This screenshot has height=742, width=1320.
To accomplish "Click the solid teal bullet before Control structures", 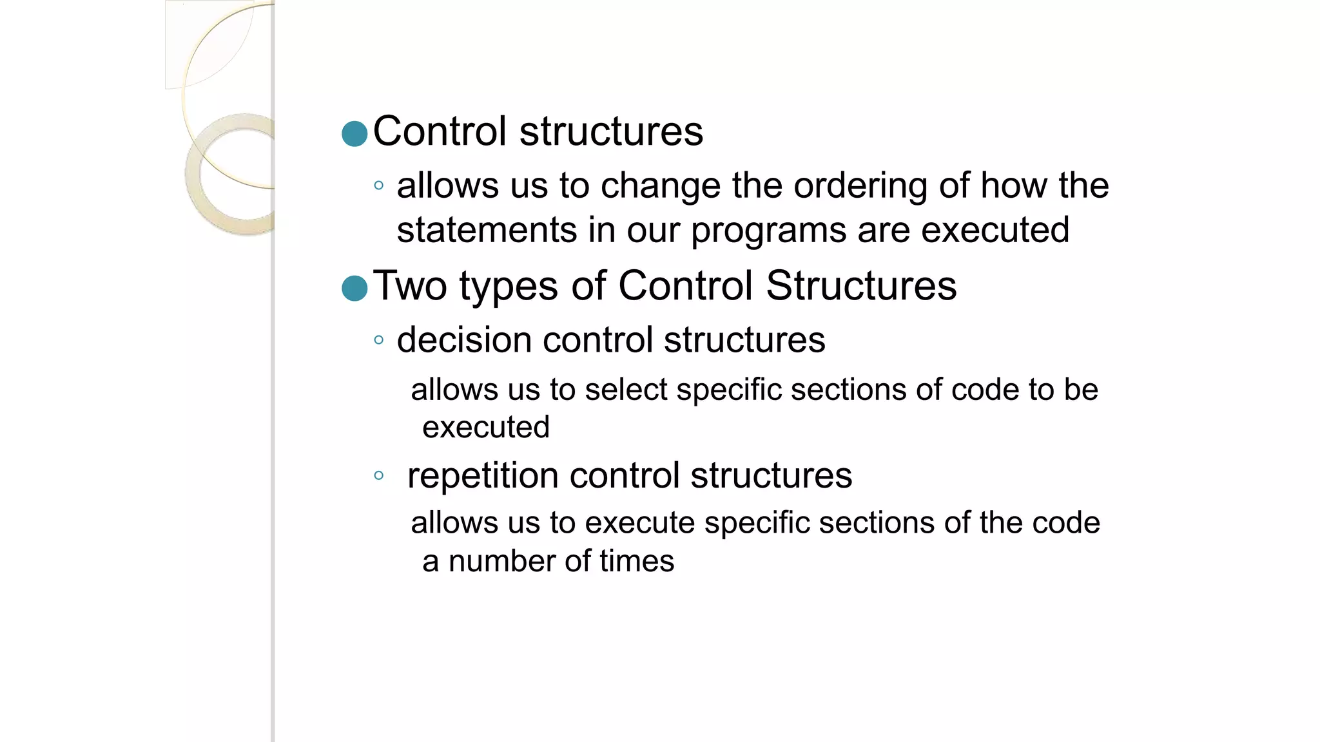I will click(x=354, y=133).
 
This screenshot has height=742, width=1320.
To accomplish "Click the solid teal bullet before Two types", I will click(x=354, y=288).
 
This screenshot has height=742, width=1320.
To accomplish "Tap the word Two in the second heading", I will click(x=410, y=285).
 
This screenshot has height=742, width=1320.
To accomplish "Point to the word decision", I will click(x=464, y=340).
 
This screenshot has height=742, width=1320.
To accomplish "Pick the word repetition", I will click(x=483, y=477).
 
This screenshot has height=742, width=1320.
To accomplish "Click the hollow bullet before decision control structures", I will click(x=379, y=340).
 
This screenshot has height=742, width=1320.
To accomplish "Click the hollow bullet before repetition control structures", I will click(x=379, y=476).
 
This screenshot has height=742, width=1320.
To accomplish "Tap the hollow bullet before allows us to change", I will click(x=379, y=186).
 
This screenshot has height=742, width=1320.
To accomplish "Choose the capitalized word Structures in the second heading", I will click(x=861, y=285).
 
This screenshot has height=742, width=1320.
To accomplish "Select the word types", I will click(x=509, y=287).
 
